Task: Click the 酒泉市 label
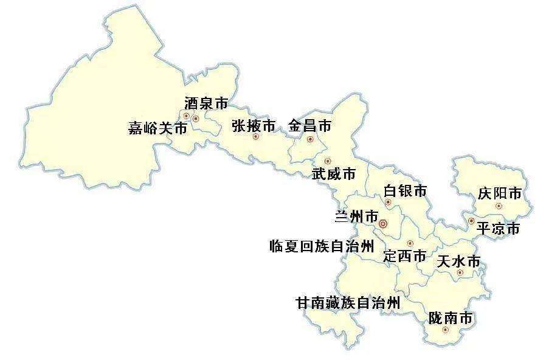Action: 206,103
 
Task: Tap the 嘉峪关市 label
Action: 157,128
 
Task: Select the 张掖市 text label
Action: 254,126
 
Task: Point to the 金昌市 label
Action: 309,126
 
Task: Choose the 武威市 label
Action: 334,174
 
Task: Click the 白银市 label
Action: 405,191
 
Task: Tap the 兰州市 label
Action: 356,216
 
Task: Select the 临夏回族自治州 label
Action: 321,246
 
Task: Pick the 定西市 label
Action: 404,256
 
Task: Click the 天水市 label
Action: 458,261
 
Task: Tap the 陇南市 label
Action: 450,317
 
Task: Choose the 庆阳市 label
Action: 499,194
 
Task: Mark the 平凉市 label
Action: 497,229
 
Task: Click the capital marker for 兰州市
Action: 382,224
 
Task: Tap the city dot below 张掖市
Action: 255,137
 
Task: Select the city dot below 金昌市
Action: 310,139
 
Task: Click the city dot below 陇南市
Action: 446,330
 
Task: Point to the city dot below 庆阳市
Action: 499,206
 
